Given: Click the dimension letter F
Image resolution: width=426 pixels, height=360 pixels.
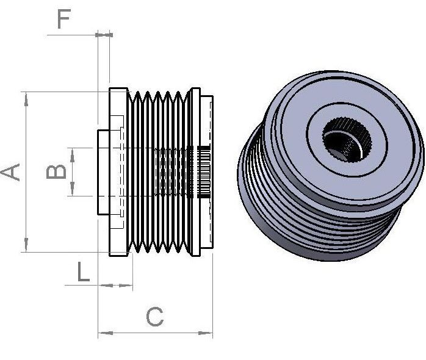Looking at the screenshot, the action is [64, 19].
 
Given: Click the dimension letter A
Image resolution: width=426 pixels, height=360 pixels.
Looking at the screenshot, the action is [10, 172].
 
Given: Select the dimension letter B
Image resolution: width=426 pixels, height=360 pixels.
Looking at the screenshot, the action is [56, 171].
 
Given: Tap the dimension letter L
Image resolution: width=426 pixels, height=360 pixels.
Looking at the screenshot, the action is [84, 272].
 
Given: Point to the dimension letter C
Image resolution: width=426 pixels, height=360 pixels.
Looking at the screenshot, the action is [155, 317].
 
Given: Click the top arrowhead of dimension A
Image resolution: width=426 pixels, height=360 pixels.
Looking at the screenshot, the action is [26, 99].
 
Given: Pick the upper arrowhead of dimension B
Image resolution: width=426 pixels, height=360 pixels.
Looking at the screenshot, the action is [72, 156].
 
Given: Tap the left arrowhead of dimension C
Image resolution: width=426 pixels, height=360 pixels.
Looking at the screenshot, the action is [106, 333].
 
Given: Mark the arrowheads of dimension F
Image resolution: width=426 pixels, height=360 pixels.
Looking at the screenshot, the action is [104, 35].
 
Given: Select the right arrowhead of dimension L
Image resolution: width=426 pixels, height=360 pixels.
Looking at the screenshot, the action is [126, 286].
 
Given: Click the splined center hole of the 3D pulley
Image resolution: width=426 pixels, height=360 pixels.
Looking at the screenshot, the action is [347, 140].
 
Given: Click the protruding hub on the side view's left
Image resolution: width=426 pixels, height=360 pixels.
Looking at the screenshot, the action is [104, 173].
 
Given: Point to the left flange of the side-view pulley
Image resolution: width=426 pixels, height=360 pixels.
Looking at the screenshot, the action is [118, 172].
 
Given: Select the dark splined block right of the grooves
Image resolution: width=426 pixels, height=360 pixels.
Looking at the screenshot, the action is [204, 172].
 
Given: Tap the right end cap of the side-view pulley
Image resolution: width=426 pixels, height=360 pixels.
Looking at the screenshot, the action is [207, 172].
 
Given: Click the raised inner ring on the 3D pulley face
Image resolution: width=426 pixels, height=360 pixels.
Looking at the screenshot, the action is [347, 140].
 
